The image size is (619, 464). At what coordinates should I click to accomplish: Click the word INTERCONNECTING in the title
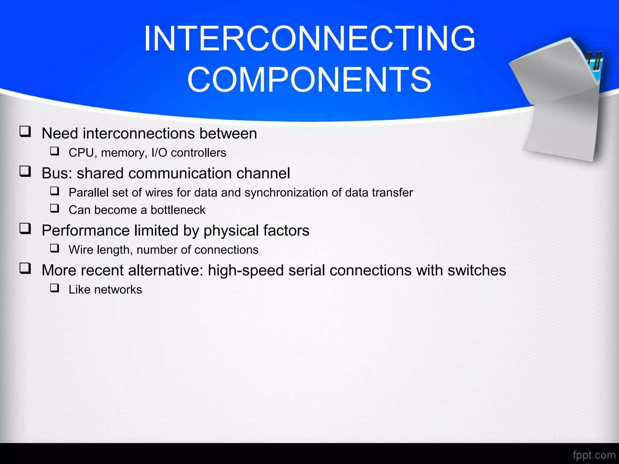[x=309, y=39]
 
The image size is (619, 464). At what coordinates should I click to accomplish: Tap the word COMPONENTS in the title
[x=309, y=80]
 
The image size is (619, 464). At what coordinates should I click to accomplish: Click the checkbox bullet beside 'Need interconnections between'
[x=25, y=132]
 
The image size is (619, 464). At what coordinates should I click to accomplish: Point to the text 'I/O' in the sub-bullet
[x=159, y=153]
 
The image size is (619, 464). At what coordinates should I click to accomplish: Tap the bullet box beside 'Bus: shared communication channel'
[x=25, y=172]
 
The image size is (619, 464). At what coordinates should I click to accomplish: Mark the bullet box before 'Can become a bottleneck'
[x=55, y=208]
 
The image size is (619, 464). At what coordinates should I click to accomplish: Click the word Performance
[x=86, y=230]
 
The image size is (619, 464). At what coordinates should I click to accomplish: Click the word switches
[x=477, y=270]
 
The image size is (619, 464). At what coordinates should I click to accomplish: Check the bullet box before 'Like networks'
[x=55, y=288]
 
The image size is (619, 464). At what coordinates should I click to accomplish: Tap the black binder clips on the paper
[x=595, y=60]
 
